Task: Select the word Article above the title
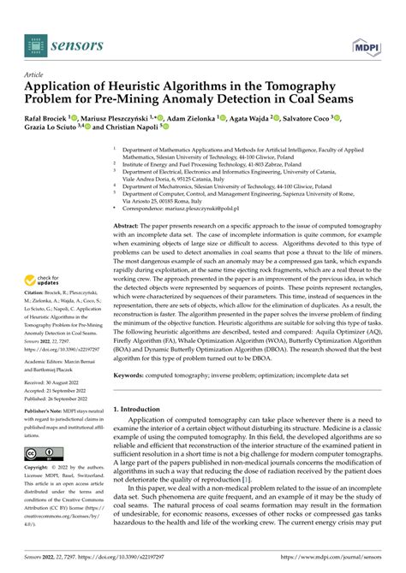pyautogui.click(x=37, y=74)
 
